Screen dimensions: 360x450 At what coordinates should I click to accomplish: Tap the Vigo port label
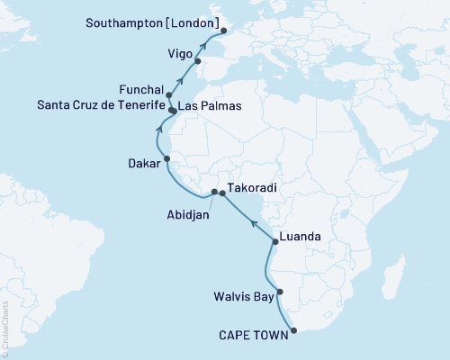point(179,53)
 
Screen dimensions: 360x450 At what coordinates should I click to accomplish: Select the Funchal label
point(140,91)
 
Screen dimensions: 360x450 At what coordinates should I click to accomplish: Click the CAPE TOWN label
point(254,335)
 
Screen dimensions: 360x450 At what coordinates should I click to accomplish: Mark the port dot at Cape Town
point(293,330)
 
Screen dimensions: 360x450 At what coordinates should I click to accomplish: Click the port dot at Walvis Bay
point(280,292)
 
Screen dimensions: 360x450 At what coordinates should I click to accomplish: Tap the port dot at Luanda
point(274,241)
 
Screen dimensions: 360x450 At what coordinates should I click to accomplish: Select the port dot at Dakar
point(166,161)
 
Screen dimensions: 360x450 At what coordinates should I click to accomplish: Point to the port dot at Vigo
point(197,61)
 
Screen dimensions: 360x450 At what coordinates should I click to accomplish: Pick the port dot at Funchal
point(169,94)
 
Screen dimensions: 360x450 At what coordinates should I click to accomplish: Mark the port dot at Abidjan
point(214,192)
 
